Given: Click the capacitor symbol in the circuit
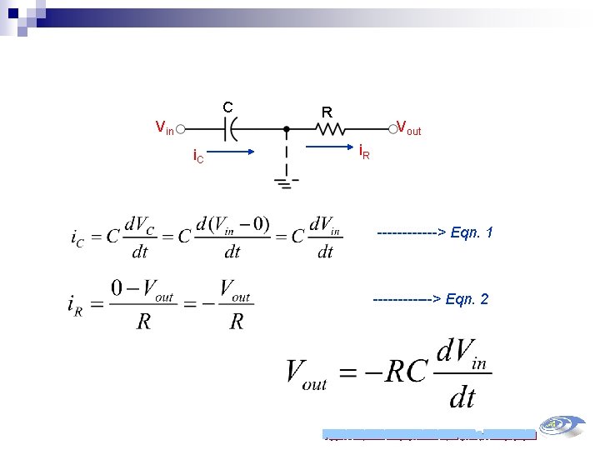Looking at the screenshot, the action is (230, 129).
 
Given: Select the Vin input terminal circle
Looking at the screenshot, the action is (180, 129).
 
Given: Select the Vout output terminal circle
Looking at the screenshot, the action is (392, 129).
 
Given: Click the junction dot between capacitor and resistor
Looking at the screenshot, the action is (287, 129).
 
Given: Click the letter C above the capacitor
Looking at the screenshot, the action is (227, 107).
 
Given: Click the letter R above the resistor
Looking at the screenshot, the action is (327, 112).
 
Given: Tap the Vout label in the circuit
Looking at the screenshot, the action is (409, 128).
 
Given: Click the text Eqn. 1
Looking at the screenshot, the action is (472, 232).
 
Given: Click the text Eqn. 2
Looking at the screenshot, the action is (467, 298).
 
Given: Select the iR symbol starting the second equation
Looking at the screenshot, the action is (75, 303).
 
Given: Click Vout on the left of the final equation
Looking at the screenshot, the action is (307, 373).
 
